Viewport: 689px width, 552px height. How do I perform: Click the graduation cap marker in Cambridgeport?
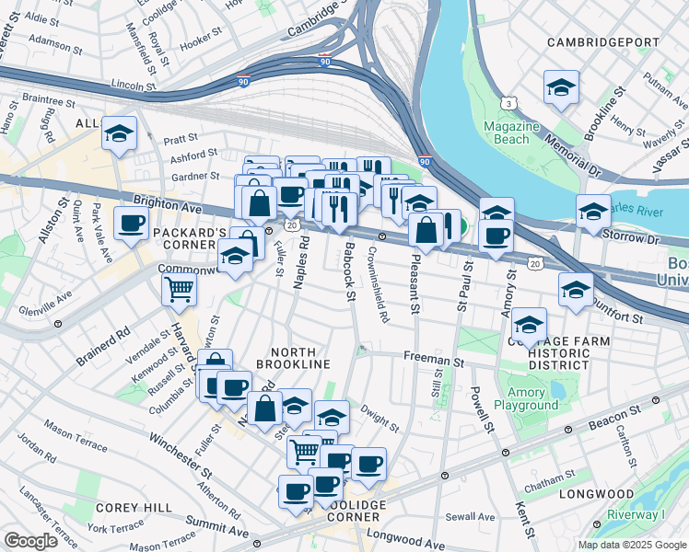561,87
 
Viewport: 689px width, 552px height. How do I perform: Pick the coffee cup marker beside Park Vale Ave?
131,222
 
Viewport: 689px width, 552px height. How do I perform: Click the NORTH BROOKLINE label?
299,359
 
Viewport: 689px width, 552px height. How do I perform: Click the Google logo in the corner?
30,540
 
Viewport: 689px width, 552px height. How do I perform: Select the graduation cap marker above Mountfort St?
576,289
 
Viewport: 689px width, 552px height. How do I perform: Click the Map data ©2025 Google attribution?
631,545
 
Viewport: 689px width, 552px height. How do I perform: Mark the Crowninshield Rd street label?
379,284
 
